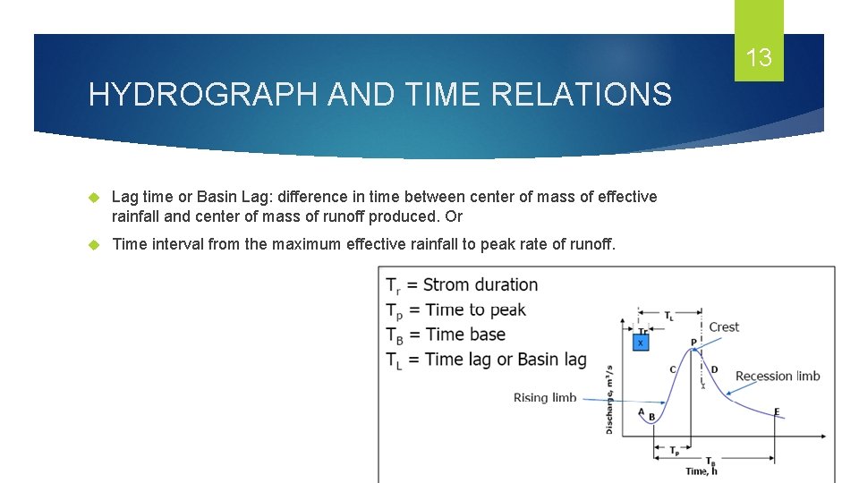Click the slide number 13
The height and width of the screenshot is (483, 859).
(759, 59)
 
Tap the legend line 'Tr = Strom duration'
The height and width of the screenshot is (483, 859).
(462, 285)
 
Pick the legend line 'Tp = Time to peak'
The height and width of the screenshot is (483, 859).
(455, 310)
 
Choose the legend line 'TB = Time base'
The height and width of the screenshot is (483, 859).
(446, 335)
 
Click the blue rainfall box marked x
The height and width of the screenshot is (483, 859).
(640, 343)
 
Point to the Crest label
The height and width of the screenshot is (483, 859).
(724, 327)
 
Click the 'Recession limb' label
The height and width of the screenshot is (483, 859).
(777, 376)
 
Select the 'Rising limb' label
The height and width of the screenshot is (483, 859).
(545, 397)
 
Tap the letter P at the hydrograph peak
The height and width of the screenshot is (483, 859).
(693, 343)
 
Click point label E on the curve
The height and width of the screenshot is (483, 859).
(776, 411)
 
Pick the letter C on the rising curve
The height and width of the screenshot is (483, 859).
(672, 369)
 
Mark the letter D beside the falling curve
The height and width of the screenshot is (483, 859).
(713, 369)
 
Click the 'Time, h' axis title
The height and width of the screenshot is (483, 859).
(702, 471)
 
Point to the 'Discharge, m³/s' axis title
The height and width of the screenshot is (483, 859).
(610, 398)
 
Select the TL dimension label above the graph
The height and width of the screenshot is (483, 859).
(669, 316)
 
